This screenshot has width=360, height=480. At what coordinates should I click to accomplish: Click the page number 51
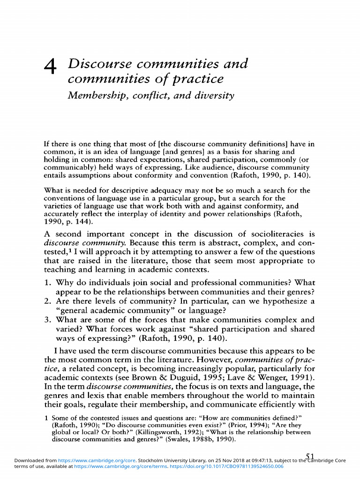[x=310, y=457]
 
